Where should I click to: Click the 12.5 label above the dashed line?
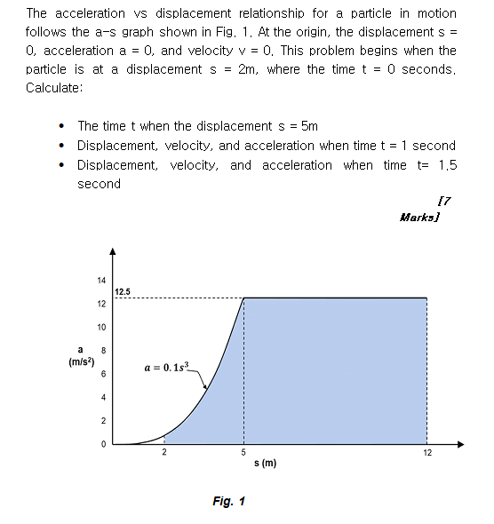123,291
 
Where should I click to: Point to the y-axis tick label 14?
101,281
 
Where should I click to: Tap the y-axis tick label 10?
101,327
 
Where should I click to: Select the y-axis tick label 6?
104,374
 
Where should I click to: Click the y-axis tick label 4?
104,397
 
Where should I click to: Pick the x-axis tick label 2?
164,452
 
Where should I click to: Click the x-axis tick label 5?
243,452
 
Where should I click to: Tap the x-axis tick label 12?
426,452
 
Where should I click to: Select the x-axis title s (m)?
266,464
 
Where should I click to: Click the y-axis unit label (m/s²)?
82,361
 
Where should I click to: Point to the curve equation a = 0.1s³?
167,366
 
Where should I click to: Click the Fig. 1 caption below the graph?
228,502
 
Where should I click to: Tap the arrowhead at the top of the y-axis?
112,251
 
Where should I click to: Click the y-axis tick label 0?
104,443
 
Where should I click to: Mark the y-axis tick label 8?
104,350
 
